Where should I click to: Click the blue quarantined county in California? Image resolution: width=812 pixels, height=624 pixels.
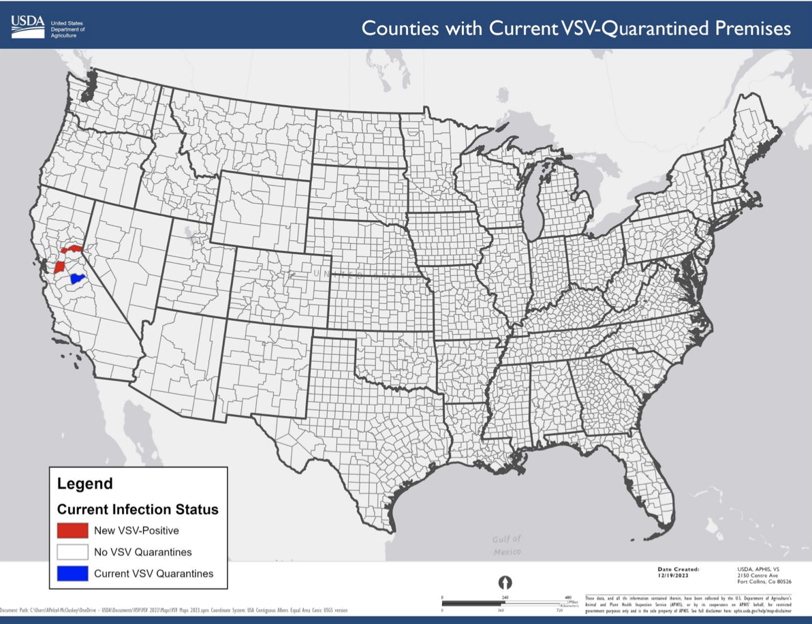[77, 279]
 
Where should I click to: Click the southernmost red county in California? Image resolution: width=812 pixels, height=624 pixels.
[60, 265]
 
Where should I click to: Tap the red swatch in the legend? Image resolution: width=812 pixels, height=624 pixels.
[72, 530]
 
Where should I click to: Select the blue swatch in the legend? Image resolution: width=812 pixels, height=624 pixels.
[72, 574]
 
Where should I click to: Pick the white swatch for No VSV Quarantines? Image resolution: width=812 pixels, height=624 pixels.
[72, 552]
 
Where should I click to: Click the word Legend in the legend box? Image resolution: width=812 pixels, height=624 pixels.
[84, 484]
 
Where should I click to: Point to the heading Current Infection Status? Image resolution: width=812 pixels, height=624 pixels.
[138, 509]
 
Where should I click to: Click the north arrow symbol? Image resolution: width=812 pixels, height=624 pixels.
[505, 582]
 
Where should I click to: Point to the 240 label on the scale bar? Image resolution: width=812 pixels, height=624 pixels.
[505, 598]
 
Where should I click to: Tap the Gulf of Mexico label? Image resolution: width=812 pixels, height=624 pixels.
[506, 545]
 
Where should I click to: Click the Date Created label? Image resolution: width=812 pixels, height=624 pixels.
[678, 569]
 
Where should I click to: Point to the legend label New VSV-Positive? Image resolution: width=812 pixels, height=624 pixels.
[136, 530]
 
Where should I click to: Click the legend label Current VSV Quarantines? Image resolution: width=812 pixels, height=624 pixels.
[153, 574]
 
